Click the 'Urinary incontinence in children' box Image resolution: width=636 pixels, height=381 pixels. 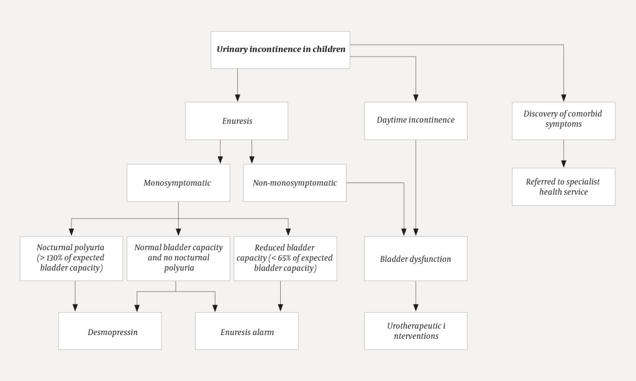pyautogui.click(x=280, y=50)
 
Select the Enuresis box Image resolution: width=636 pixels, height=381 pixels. pyautogui.click(x=237, y=121)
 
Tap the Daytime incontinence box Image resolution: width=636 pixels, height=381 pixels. pyautogui.click(x=416, y=120)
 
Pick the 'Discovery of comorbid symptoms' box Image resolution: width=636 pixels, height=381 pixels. pyautogui.click(x=563, y=120)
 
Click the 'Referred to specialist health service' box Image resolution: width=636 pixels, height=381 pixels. pyautogui.click(x=563, y=187)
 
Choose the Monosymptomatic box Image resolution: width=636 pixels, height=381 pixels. pyautogui.click(x=178, y=183)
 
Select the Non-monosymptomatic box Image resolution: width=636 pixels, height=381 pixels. pyautogui.click(x=294, y=183)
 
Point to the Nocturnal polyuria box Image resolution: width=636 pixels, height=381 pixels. pyautogui.click(x=71, y=258)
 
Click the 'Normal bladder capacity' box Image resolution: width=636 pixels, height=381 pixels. pyautogui.click(x=178, y=258)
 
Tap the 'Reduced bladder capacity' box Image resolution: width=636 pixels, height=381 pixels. pyautogui.click(x=285, y=258)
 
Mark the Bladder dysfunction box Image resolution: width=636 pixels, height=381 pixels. pyautogui.click(x=416, y=259)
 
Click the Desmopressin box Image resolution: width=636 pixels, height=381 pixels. pyautogui.click(x=110, y=332)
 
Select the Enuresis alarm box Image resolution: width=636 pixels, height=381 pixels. pyautogui.click(x=247, y=332)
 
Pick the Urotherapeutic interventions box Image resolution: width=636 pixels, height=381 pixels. pyautogui.click(x=416, y=331)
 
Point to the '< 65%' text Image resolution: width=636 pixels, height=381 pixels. pyautogui.click(x=281, y=258)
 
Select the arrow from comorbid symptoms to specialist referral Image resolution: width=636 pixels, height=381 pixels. pyautogui.click(x=563, y=154)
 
